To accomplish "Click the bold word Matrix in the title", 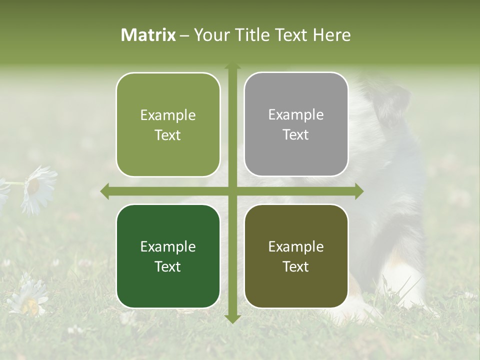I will point(148,35).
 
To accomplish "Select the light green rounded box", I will point(168,125).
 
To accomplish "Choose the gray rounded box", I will point(296,124).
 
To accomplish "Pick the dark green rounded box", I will point(168,256).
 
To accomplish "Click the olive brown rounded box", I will point(296,256).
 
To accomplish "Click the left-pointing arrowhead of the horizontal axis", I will point(105,191).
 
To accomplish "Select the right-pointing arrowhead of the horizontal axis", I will point(359,191).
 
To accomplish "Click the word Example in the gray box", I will point(296,114).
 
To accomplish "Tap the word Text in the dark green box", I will point(168,266).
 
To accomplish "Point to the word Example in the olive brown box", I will point(296,246).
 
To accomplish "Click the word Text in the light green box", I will point(168,135).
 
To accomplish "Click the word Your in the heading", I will point(210,35).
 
